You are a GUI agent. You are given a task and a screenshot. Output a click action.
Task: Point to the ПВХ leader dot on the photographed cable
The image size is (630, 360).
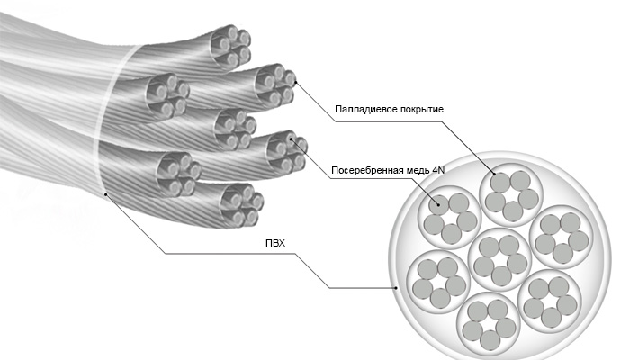pyautogui.click(x=106, y=193)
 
